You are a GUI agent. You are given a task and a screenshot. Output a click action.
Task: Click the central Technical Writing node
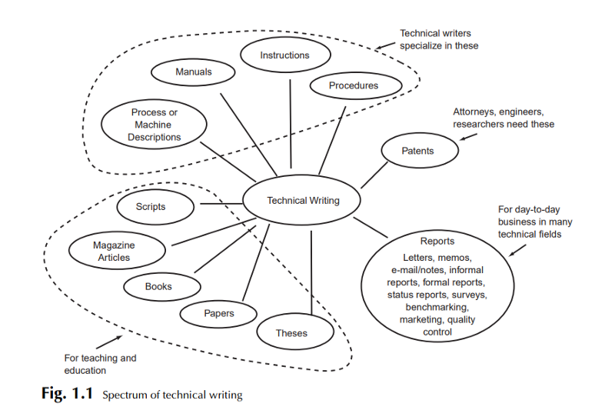(x=301, y=200)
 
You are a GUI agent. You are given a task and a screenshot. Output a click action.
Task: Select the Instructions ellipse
(x=285, y=55)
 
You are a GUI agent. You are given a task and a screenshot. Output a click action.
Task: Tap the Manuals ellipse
(x=193, y=72)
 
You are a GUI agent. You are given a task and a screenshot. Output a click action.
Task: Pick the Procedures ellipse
(x=356, y=85)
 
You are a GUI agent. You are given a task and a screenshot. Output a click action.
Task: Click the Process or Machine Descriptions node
(x=154, y=124)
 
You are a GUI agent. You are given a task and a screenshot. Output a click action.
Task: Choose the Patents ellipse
(x=420, y=150)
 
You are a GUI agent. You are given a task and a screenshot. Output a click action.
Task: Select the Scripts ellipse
(x=155, y=206)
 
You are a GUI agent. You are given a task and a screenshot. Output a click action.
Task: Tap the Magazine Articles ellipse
(x=117, y=251)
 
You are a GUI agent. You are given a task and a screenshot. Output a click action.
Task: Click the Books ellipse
(x=162, y=287)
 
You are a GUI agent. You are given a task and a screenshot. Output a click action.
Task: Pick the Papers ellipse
(x=218, y=313)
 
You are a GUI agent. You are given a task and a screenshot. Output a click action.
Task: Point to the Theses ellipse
(x=295, y=332)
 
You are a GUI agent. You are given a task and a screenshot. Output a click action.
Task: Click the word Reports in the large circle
(x=437, y=241)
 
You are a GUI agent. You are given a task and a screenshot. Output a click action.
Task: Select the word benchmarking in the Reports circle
(x=437, y=307)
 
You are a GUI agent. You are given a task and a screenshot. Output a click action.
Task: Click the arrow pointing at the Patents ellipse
(x=468, y=137)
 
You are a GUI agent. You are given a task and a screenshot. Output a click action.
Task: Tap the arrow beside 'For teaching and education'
(x=109, y=342)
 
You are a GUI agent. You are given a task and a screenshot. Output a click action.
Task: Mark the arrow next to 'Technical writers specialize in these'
(x=385, y=45)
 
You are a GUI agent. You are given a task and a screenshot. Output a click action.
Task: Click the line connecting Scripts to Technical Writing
(x=221, y=203)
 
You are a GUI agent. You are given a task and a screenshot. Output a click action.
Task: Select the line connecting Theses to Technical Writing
(x=311, y=272)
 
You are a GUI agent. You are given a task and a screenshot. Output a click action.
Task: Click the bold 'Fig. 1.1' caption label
(x=67, y=392)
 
